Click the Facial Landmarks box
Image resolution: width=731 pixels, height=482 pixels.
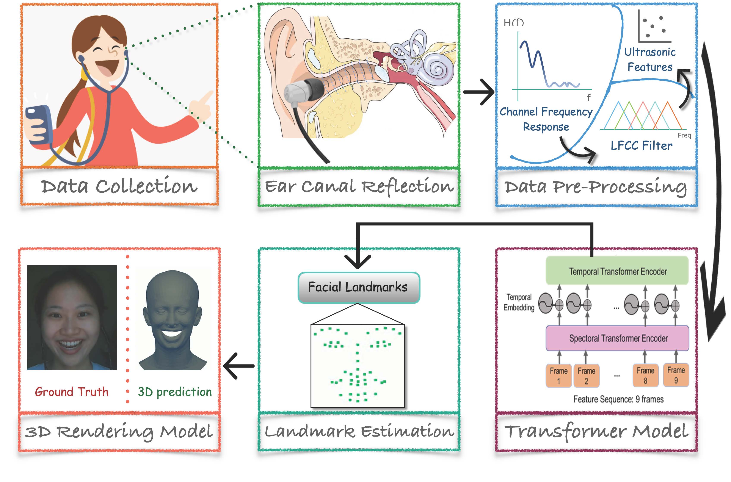[x=358, y=287]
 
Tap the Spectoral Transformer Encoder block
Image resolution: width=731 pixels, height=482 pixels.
[x=617, y=338]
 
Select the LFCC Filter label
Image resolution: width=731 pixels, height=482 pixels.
[x=641, y=146]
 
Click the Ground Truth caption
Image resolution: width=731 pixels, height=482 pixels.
[x=72, y=392]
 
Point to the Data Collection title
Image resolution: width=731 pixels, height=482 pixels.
[x=119, y=186]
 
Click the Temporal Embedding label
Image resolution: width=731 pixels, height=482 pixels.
[x=519, y=302]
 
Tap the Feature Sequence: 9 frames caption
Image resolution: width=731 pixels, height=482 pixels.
[x=618, y=399]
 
